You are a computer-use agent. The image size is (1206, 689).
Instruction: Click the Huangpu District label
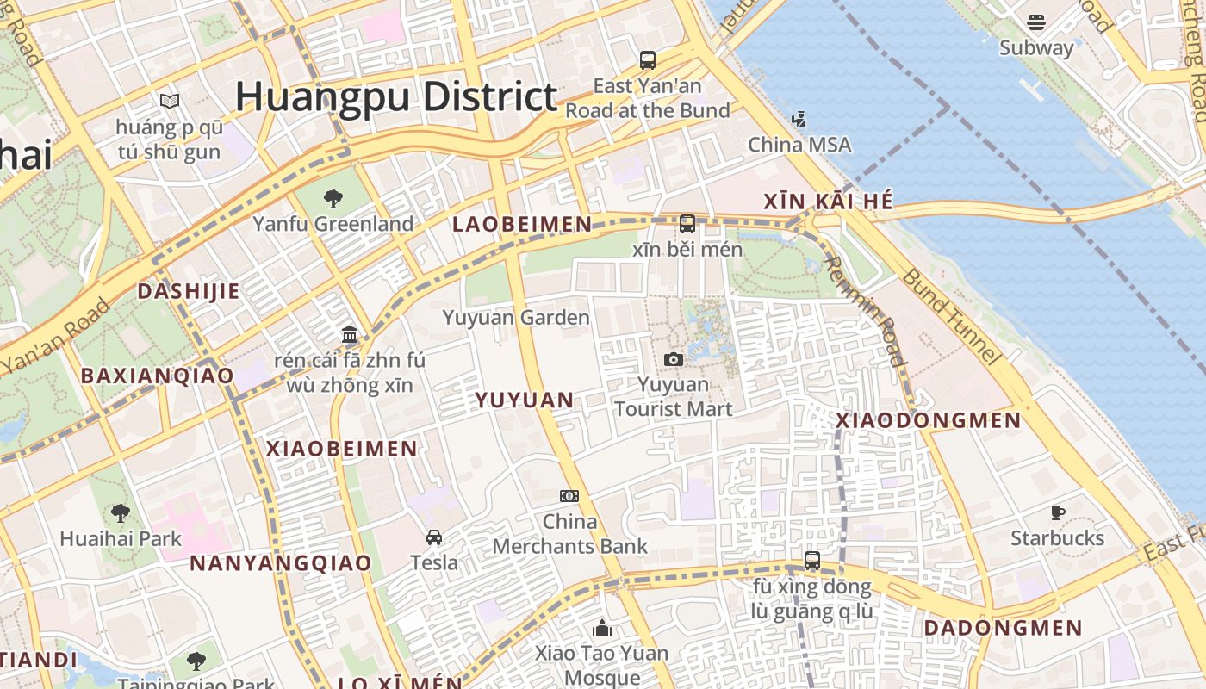(396, 96)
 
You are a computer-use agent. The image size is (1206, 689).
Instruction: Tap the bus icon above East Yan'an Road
(648, 60)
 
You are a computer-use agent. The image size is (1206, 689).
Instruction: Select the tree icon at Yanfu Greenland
(333, 199)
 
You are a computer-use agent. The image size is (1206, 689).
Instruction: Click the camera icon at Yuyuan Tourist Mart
(674, 359)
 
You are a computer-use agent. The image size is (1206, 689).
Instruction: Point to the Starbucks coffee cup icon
(1058, 513)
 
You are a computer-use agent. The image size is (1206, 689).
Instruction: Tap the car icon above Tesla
(434, 537)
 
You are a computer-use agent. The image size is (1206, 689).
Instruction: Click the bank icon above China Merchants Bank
(569, 495)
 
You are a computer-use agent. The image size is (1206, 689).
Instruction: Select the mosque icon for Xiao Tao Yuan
(602, 628)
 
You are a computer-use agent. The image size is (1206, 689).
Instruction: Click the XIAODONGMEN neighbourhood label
(929, 421)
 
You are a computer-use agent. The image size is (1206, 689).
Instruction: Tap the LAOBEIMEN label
(522, 226)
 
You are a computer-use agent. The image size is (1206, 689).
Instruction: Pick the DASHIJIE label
(188, 291)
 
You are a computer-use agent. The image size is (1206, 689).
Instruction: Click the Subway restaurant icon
(1036, 22)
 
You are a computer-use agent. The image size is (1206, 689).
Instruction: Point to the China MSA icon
(799, 119)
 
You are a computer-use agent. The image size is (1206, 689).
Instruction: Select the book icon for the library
(170, 102)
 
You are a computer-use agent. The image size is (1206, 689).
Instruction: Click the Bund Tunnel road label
(952, 315)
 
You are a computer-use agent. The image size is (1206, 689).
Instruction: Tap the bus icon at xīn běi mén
(687, 224)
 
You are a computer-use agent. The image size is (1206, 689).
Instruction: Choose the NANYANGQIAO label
(281, 563)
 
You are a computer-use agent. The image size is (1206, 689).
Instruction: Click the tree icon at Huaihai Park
(121, 513)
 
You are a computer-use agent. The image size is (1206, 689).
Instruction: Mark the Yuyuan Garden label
(516, 318)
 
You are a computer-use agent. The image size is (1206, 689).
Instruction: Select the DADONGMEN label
(1003, 628)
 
